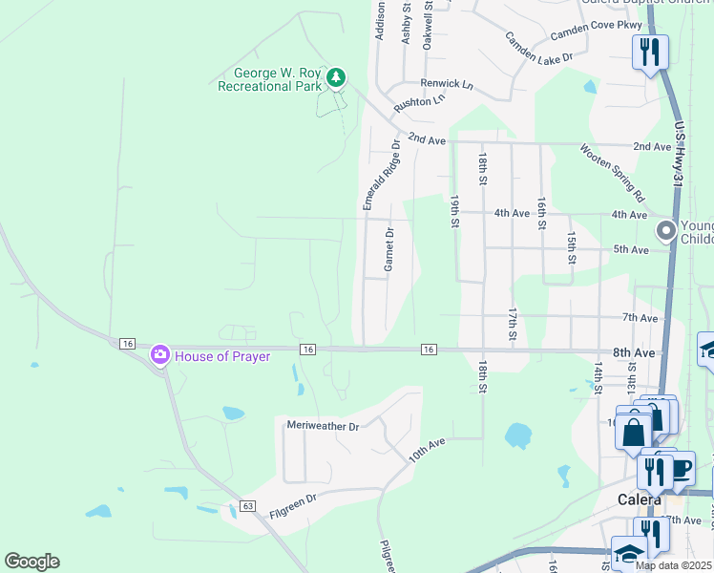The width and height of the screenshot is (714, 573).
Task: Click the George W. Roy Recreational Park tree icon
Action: click(335, 77)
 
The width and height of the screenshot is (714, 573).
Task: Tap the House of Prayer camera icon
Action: click(159, 355)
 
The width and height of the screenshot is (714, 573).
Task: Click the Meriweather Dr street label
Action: click(323, 425)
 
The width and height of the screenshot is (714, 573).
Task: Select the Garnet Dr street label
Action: click(389, 250)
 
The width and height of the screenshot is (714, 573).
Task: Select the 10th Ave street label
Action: click(428, 450)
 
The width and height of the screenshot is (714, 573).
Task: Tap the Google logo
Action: click(31, 562)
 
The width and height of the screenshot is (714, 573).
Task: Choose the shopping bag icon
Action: click(634, 432)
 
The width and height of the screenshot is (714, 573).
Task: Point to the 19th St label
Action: click(455, 211)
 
